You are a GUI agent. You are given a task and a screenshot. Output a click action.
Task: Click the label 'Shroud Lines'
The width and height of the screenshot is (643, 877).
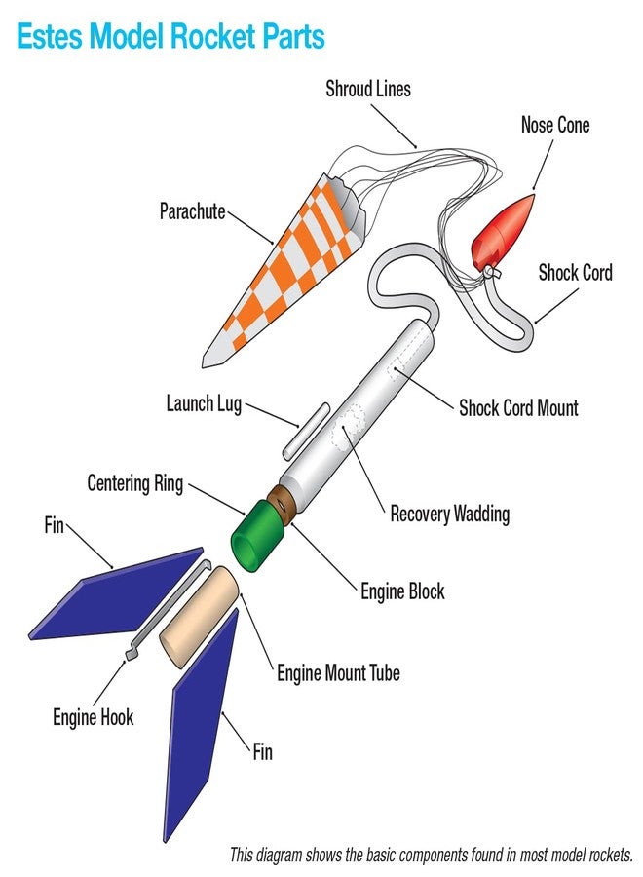pyautogui.click(x=368, y=90)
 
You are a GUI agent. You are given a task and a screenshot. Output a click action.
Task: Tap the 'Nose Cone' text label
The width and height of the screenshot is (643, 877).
pyautogui.click(x=554, y=125)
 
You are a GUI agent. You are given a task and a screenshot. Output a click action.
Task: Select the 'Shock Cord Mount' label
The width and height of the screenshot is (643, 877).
pyautogui.click(x=518, y=407)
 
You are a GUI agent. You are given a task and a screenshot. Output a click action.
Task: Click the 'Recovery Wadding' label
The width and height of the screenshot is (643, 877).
pyautogui.click(x=449, y=513)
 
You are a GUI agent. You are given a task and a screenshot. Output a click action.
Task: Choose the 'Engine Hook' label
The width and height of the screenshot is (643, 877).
pyautogui.click(x=94, y=718)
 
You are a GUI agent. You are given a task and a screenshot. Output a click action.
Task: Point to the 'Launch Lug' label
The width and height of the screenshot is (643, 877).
pyautogui.click(x=204, y=402)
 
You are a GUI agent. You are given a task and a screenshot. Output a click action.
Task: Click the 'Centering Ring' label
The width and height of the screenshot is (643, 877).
pyautogui.click(x=134, y=483)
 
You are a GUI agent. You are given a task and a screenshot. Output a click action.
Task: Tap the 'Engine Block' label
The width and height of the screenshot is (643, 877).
pyautogui.click(x=402, y=591)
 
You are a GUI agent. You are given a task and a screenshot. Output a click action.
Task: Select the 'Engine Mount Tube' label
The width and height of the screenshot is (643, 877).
pyautogui.click(x=338, y=672)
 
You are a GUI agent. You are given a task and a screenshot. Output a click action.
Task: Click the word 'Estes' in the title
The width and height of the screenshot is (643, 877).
pyautogui.click(x=48, y=38)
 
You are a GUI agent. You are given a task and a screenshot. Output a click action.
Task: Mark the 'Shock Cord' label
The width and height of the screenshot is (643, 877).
pyautogui.click(x=575, y=273)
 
